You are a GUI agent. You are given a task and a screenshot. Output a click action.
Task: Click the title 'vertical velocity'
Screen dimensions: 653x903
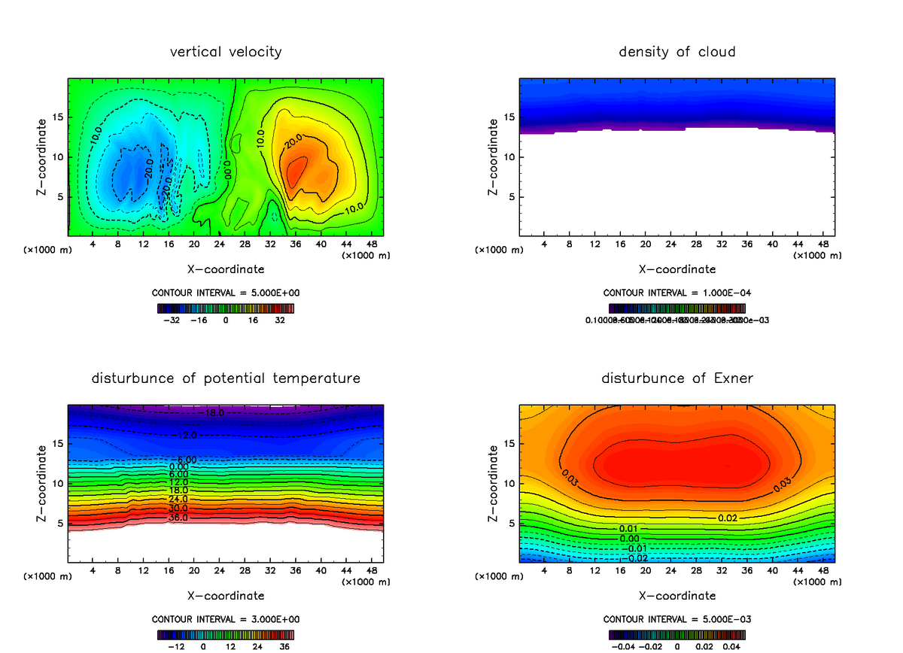click(226, 52)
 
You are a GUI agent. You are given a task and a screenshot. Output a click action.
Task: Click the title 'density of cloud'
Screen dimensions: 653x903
click(676, 52)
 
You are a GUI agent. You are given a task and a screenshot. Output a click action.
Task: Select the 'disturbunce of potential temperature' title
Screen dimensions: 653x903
click(226, 378)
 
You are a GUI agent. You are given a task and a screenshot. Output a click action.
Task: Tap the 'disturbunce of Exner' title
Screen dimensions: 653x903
click(676, 378)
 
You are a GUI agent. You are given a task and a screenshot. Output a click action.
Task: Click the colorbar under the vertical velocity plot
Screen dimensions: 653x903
click(226, 308)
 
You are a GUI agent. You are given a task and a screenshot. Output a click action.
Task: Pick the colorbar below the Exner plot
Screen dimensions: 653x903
click(676, 634)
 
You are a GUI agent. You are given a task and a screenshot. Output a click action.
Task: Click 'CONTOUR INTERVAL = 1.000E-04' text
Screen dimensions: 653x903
click(676, 293)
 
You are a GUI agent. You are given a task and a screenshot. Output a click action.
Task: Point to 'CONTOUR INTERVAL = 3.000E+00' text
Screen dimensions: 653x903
click(226, 619)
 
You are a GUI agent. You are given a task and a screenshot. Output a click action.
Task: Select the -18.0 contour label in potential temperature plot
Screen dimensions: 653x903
click(211, 413)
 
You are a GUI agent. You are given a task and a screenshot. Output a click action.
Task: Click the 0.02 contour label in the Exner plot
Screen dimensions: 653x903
click(727, 518)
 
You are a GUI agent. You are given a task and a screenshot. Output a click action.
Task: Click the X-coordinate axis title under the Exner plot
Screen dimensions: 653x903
click(676, 596)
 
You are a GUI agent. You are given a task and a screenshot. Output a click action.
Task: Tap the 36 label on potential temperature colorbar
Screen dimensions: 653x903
click(284, 645)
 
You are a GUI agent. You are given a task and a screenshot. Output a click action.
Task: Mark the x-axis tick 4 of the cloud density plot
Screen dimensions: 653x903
click(544, 244)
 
